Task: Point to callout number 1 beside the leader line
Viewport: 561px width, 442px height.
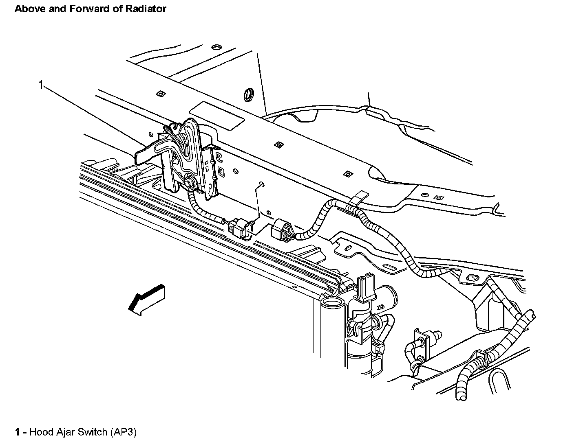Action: pyautogui.click(x=40, y=85)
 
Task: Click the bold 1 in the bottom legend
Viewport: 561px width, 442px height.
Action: pyautogui.click(x=18, y=432)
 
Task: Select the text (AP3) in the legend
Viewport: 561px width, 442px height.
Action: pyautogui.click(x=123, y=432)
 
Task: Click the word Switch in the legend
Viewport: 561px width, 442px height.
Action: pyautogui.click(x=93, y=432)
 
